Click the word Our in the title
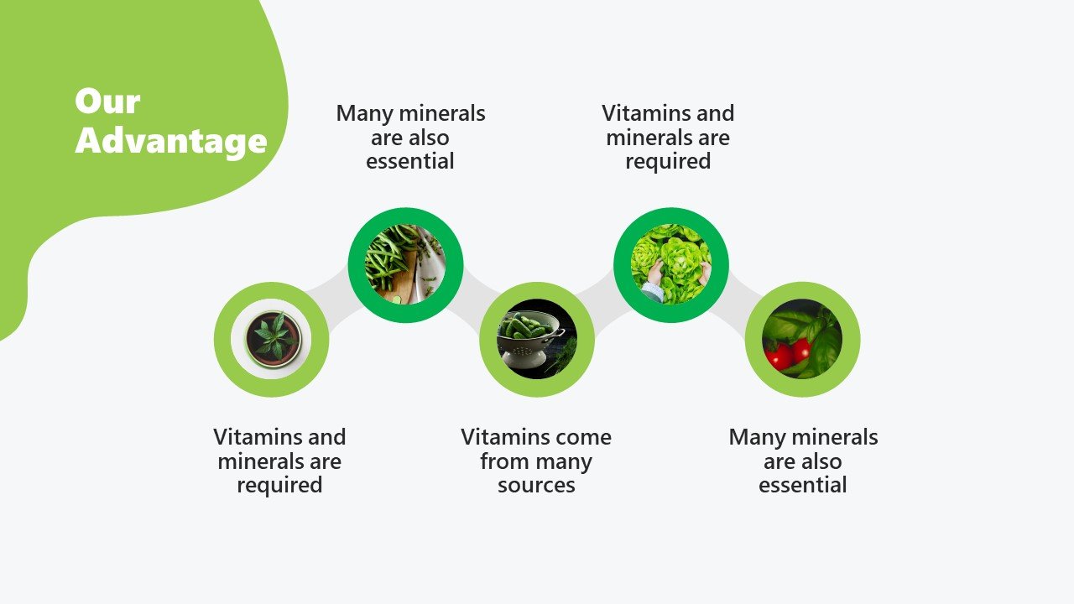(107, 102)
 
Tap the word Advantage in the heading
(171, 141)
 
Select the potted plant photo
(271, 339)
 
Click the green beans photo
(405, 264)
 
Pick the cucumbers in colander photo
(537, 339)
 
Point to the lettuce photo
(671, 264)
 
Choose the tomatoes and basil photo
(802, 339)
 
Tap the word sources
(536, 485)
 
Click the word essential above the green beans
(410, 161)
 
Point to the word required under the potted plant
(279, 486)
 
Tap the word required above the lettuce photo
(668, 162)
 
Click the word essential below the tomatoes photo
(803, 485)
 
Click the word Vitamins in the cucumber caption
(498, 437)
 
